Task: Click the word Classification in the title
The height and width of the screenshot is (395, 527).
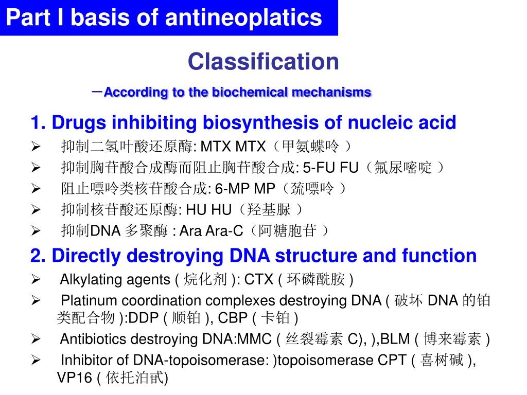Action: coord(263,62)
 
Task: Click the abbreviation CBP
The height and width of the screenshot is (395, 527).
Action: coord(234,318)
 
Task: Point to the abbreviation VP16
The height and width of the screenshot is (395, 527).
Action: coord(73,378)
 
